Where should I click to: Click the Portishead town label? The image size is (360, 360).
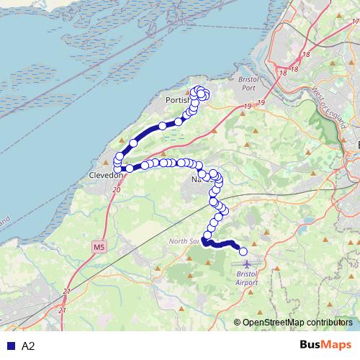pos(177,100)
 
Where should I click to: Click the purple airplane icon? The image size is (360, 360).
pos(249,264)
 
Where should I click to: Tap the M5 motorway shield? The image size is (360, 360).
pos(98,247)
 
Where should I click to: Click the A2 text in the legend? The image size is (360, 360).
pos(28,346)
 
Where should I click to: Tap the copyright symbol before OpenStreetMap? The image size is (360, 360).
pos(238,322)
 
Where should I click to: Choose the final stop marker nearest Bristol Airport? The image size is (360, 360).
pos(243,251)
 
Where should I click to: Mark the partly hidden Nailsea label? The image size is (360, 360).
pos(196,179)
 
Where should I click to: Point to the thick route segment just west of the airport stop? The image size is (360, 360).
pos(223,244)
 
